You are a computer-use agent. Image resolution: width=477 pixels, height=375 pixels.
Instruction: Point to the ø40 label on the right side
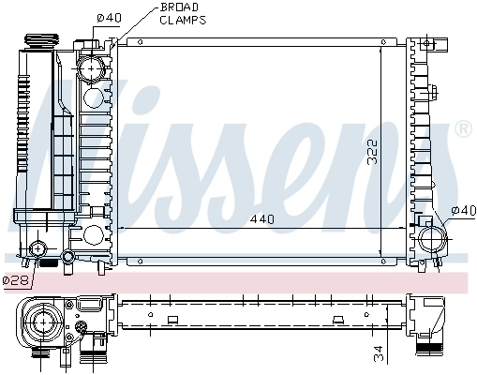coord(464,210)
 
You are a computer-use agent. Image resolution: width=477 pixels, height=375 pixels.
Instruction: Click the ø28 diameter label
coord(16,279)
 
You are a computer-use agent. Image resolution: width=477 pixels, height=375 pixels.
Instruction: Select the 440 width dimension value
coord(261,219)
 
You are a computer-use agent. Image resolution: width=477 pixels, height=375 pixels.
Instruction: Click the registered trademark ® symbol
coord(462,128)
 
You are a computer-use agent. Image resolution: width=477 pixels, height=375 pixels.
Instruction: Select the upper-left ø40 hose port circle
coord(91,68)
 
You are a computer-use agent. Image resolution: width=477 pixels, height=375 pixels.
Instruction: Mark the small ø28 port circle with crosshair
coord(38,249)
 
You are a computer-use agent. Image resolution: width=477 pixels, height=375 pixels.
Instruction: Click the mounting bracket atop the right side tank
coord(426,45)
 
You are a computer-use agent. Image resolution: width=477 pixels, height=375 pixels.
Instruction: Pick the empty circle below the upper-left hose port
coord(94,97)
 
